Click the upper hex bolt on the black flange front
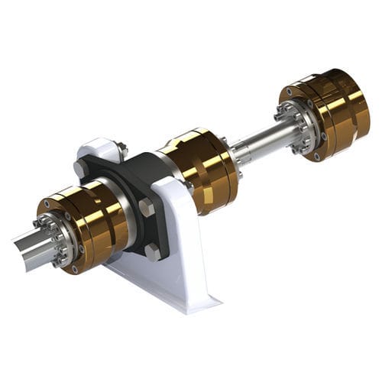[x=147, y=206]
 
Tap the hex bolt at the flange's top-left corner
[x=80, y=167]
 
